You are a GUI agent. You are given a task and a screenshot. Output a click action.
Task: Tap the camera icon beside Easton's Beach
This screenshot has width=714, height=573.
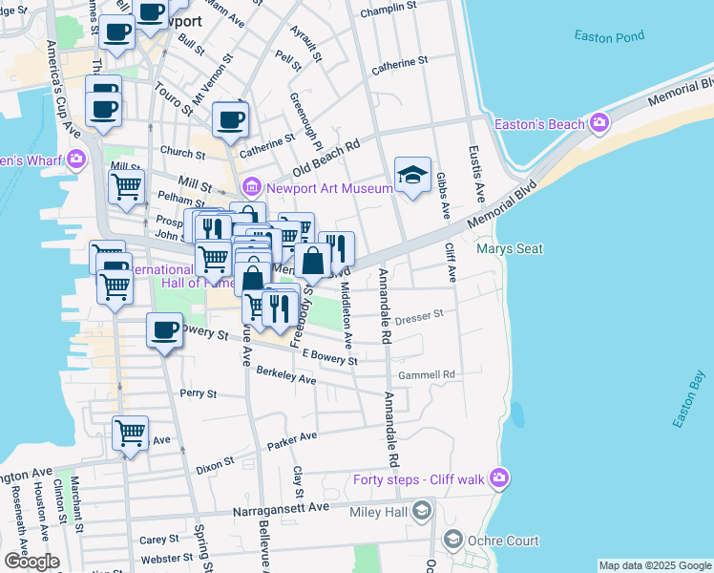point(599,123)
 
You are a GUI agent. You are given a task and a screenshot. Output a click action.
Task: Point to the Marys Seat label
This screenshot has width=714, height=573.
point(510,249)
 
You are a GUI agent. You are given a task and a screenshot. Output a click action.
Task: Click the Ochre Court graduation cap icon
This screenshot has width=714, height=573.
point(452,541)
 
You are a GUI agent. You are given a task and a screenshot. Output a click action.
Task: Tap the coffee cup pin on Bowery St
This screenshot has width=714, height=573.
point(164,331)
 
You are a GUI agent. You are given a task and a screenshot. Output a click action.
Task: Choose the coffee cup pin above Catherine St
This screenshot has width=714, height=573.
point(230,120)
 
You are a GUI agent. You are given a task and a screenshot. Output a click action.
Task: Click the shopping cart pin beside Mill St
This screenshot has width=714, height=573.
point(126,188)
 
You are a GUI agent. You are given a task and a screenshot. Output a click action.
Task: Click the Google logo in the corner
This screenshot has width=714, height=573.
point(31,562)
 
